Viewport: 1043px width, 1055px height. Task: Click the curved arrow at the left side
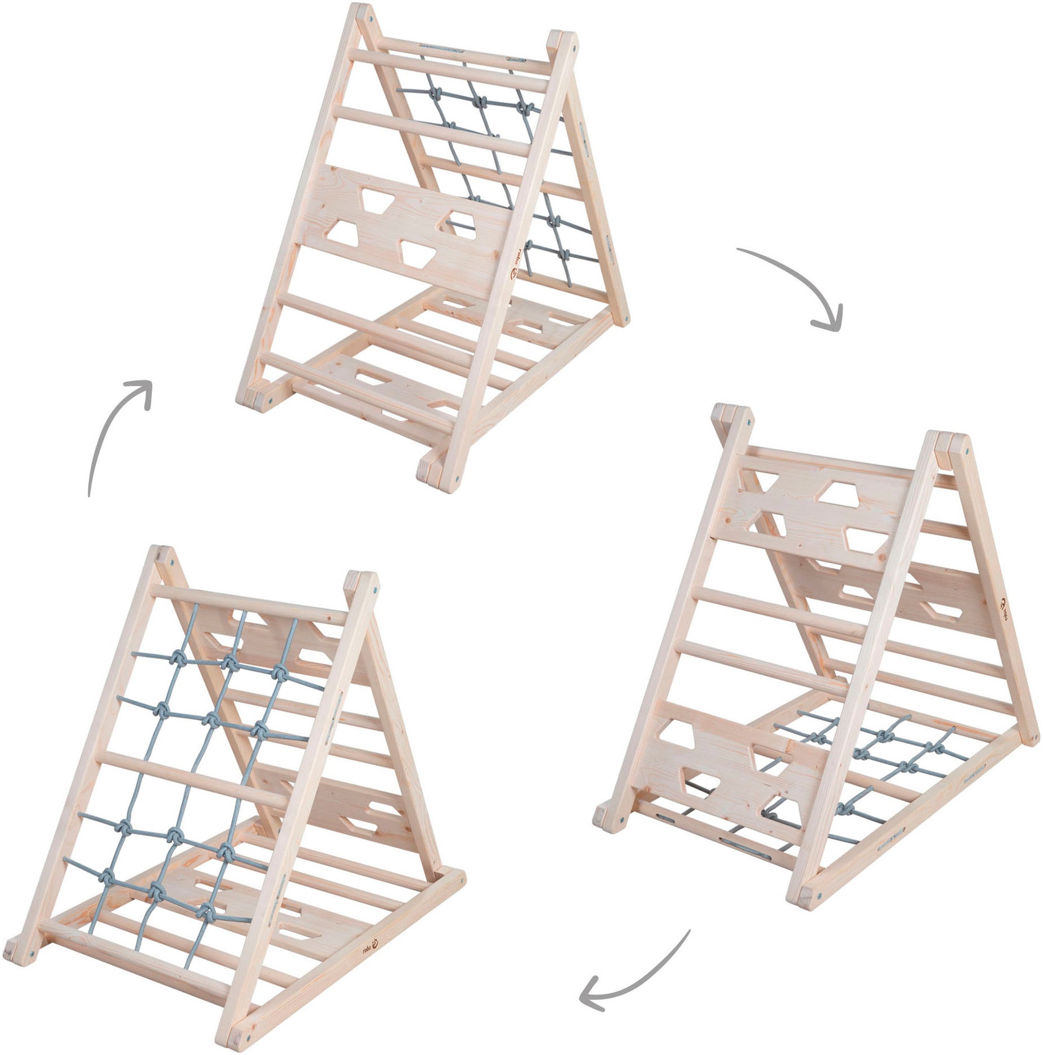113,430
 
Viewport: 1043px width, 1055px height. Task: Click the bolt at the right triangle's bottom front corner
817,911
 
